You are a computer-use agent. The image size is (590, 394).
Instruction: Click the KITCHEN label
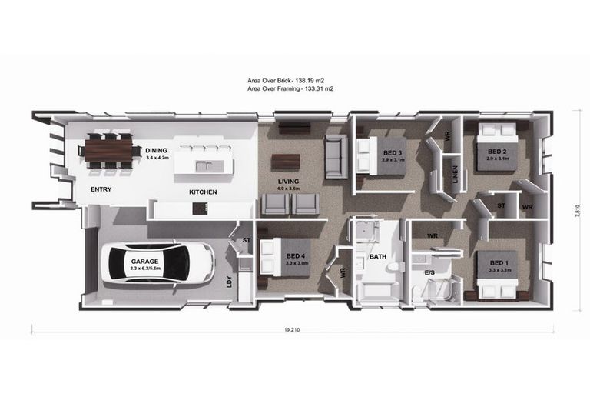(x=203, y=192)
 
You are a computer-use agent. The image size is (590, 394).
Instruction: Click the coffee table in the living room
(x=286, y=161)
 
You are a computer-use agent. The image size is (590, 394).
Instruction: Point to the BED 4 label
(x=297, y=258)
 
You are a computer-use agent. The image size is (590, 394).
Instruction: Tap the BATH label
(x=377, y=256)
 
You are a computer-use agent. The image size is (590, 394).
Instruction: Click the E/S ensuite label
(x=430, y=273)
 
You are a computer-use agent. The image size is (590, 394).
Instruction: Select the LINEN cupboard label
(x=455, y=175)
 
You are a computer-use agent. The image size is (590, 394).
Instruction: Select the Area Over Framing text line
(x=290, y=88)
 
